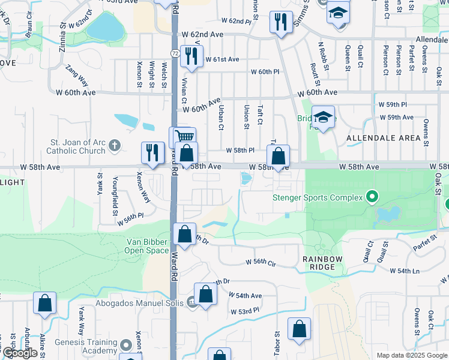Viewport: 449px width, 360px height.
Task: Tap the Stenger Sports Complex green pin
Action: (372, 197)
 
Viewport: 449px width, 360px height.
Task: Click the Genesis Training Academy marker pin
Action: (126, 346)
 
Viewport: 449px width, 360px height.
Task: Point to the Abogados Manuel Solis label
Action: (141, 303)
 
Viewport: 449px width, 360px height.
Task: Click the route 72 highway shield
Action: (173, 54)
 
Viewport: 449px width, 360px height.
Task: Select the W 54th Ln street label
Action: (405, 271)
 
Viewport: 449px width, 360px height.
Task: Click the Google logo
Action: (20, 353)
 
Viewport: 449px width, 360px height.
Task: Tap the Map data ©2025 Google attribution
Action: (411, 355)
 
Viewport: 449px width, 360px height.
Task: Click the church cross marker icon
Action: (114, 145)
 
